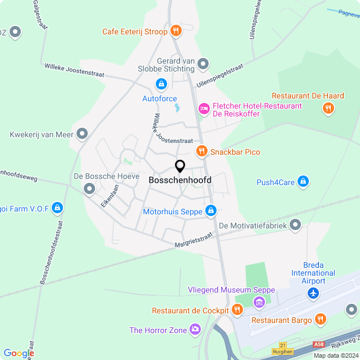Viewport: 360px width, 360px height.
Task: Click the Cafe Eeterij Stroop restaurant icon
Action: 176,31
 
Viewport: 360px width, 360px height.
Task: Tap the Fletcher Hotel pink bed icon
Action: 204,107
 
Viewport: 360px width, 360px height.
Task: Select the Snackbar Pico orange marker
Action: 201,151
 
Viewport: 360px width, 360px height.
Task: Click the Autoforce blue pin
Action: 161,84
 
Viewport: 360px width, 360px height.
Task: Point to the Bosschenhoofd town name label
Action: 180,180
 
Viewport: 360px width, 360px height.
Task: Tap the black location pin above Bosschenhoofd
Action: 180,166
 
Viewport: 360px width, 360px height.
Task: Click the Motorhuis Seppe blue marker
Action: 210,211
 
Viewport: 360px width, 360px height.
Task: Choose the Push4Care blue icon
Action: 303,182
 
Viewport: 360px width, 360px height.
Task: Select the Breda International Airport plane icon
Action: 313,293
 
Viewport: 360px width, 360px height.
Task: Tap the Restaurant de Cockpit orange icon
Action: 237,310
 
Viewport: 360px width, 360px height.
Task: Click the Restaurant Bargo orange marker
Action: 321,319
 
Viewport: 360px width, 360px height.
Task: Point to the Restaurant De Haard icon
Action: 328,109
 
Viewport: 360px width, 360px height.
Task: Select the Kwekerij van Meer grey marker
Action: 83,134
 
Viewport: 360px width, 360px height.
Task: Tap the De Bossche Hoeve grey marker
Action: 89,189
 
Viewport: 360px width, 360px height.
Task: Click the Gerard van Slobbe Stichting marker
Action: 204,64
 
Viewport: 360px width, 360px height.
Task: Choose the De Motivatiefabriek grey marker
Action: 296,226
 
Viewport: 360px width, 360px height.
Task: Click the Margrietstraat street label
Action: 193,241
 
